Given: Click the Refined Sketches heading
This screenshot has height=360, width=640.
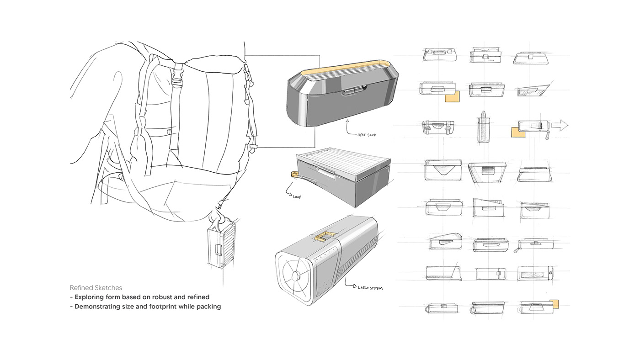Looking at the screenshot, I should point(96,288).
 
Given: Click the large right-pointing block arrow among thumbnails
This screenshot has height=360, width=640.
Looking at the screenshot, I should point(560,126).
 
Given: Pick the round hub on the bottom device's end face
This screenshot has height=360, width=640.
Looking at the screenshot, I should point(296,275).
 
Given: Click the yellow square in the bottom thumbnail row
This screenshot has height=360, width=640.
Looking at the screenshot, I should point(555,304).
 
